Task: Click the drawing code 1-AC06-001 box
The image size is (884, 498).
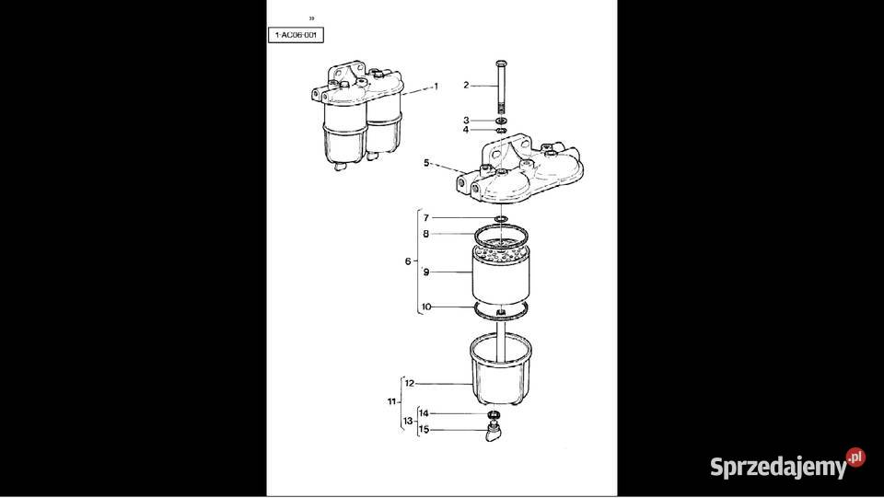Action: [297, 35]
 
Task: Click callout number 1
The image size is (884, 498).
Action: [436, 86]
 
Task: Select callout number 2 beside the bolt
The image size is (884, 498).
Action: [466, 85]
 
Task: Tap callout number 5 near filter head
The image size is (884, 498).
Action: [426, 163]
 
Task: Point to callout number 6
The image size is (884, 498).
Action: [408, 261]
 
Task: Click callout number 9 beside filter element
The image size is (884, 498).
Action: [426, 272]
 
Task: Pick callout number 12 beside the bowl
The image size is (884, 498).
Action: [410, 383]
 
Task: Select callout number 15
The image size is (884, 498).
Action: [424, 429]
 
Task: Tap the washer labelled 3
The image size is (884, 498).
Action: [500, 121]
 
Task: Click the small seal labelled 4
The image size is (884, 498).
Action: [500, 131]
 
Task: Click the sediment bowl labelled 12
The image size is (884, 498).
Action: [500, 374]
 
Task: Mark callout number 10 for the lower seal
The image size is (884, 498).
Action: [425, 307]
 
